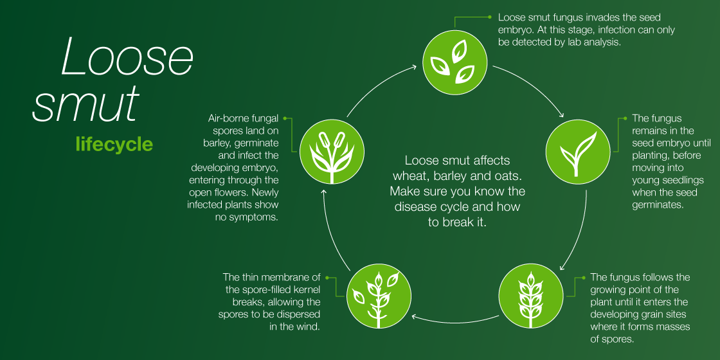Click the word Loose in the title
click(x=127, y=57)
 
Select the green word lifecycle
click(x=114, y=144)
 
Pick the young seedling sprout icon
click(x=578, y=152)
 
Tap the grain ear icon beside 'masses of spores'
click(x=531, y=296)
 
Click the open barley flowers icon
click(x=332, y=152)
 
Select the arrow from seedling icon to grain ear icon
click(x=579, y=232)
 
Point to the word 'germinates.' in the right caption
click(x=658, y=205)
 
